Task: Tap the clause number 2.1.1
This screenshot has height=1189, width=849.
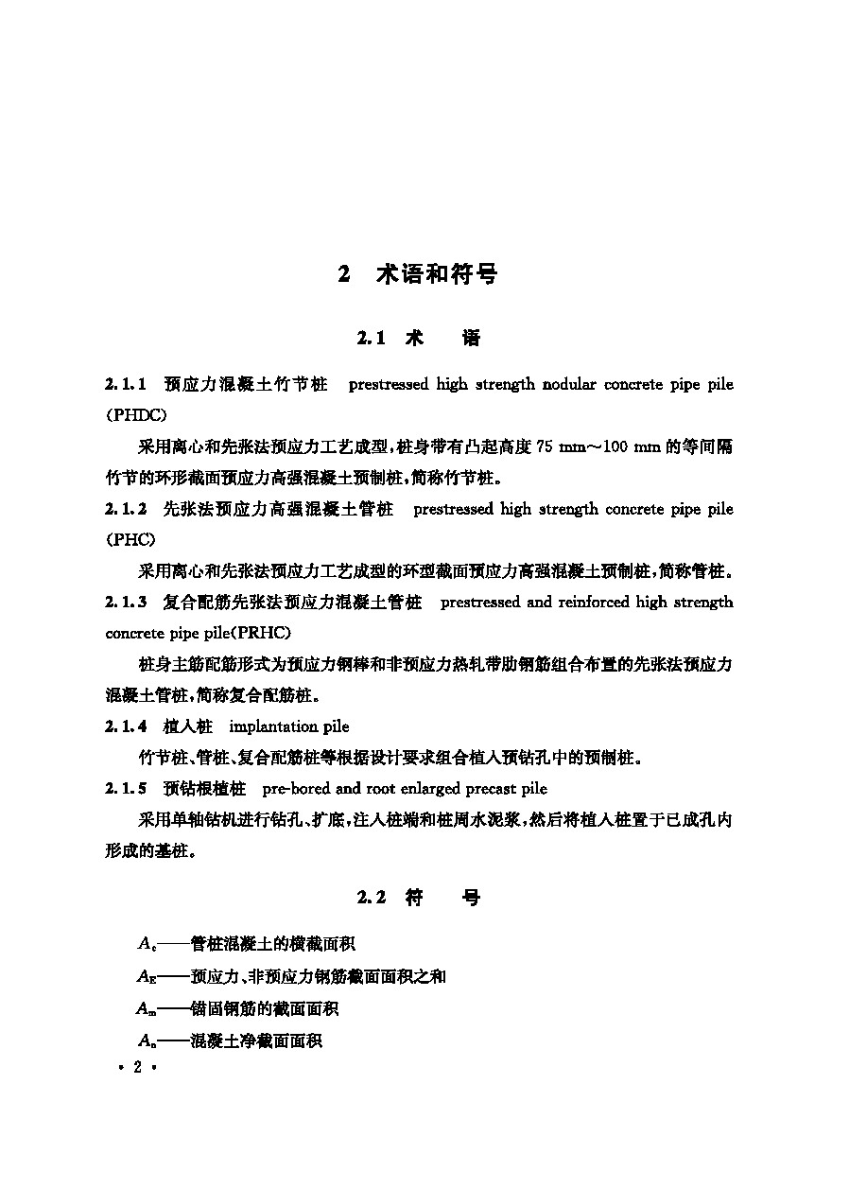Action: (125, 385)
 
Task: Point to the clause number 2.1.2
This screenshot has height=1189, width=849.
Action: (125, 510)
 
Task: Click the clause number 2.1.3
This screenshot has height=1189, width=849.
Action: (125, 603)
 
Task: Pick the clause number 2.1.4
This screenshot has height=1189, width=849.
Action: (125, 726)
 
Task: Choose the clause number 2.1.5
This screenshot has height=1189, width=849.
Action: (125, 788)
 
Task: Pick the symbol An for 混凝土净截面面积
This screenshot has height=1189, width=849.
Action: (147, 1040)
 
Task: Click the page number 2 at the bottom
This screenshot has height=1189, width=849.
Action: (137, 1067)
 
